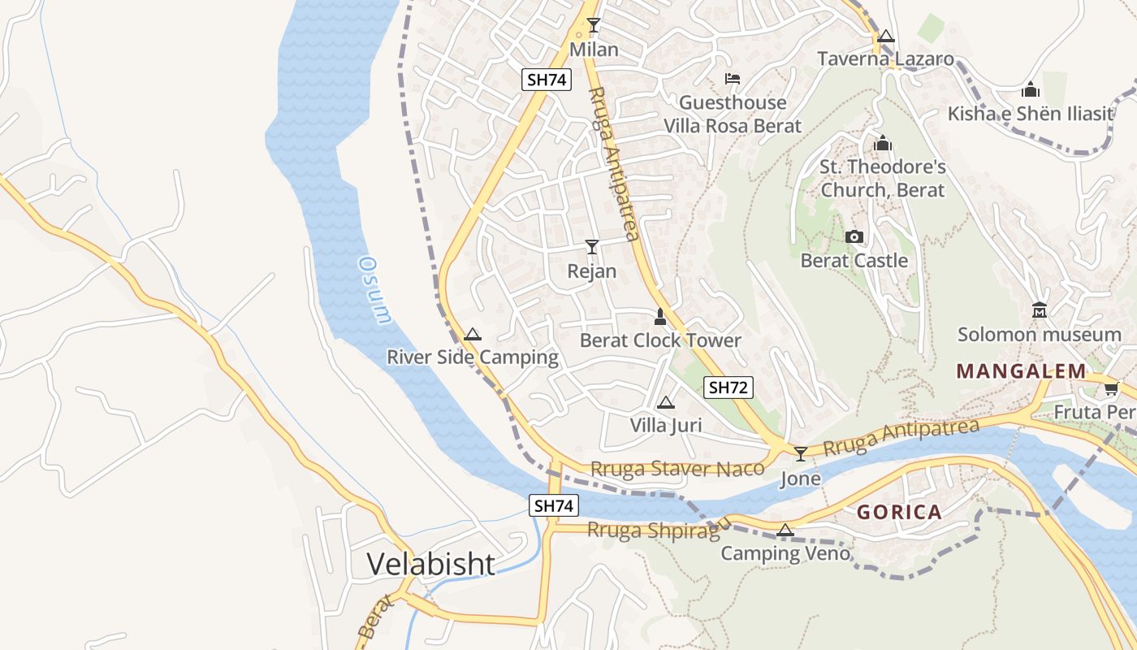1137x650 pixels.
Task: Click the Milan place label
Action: click(x=594, y=50)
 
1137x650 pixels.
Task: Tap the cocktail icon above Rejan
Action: click(x=592, y=246)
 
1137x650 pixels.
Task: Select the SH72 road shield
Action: click(x=727, y=388)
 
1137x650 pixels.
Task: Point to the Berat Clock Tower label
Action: click(x=660, y=340)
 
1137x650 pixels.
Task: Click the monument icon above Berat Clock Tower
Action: click(x=660, y=316)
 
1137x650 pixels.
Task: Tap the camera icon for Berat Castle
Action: click(x=854, y=236)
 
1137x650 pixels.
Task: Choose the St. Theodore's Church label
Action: click(x=883, y=178)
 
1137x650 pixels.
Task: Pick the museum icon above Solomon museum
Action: click(x=1039, y=310)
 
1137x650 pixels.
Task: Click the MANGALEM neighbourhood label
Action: click(x=1021, y=371)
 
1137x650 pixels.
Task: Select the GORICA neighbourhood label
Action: click(x=899, y=513)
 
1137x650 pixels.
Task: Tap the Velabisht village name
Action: click(x=430, y=563)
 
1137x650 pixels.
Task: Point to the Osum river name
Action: click(x=374, y=290)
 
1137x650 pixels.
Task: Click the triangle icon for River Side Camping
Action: click(x=472, y=334)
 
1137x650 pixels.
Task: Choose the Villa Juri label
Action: click(x=666, y=425)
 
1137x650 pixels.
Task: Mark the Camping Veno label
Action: click(x=785, y=553)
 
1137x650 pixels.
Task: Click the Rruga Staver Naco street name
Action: click(x=677, y=469)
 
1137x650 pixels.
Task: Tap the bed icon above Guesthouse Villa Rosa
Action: click(x=733, y=79)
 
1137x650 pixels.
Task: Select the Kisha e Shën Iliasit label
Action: click(x=1031, y=113)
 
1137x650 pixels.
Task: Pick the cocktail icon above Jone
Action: click(x=801, y=453)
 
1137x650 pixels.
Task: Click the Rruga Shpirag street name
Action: click(x=654, y=530)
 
